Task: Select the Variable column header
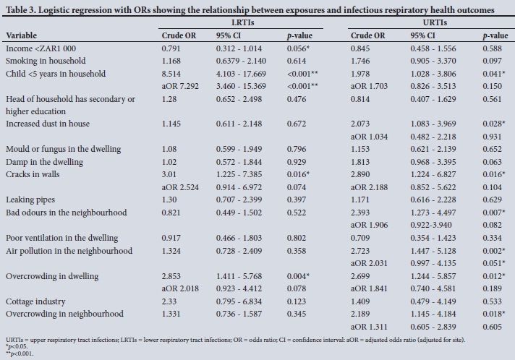pos(21,35)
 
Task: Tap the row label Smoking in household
pos(46,61)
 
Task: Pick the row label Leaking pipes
pos(31,200)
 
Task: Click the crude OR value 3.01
pos(170,174)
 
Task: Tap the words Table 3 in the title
pos(24,10)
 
